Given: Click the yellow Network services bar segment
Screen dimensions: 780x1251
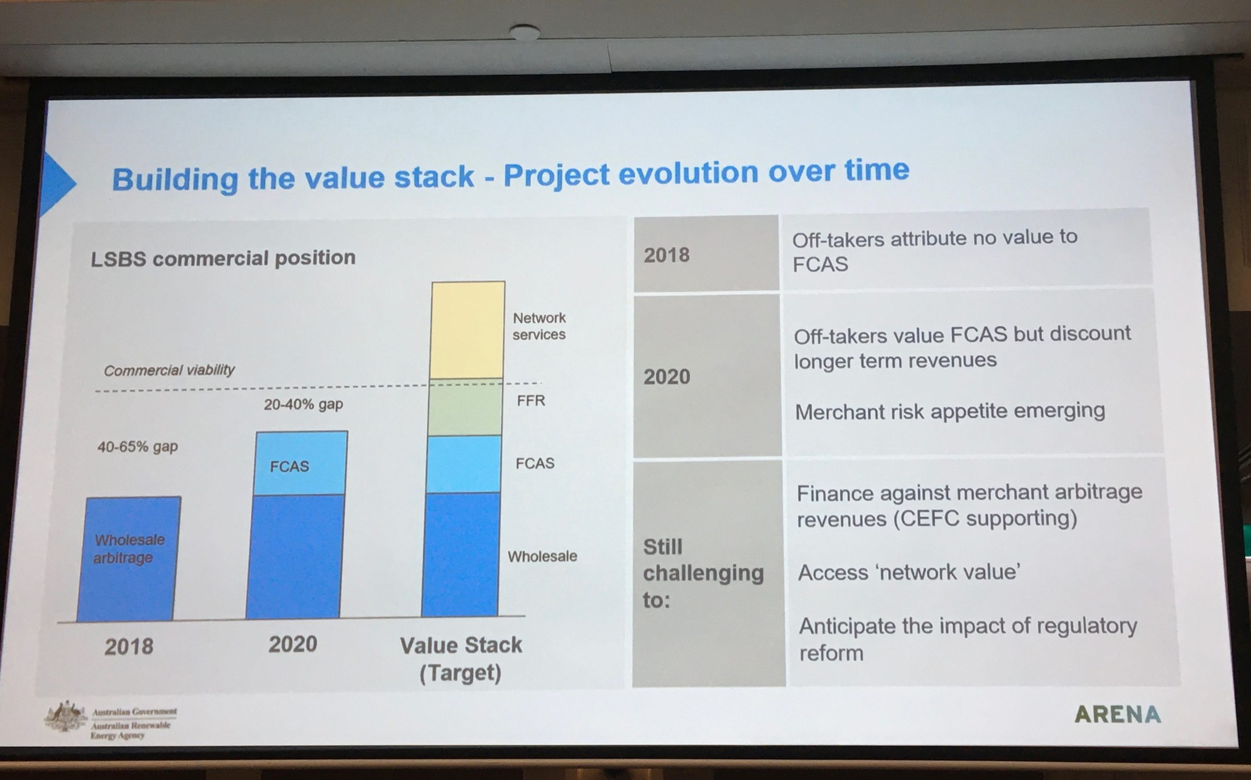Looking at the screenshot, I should [x=468, y=330].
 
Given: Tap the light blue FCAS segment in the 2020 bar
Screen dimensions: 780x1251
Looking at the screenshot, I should [x=301, y=463].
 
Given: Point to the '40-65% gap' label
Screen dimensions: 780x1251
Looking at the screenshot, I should [x=138, y=447].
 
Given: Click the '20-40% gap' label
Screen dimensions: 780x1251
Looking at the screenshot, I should [x=303, y=405].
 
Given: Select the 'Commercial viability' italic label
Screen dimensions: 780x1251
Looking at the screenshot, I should [x=169, y=370].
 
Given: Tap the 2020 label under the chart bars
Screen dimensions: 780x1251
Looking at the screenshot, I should [x=292, y=645].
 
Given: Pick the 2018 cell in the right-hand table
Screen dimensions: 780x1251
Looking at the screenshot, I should [x=706, y=255].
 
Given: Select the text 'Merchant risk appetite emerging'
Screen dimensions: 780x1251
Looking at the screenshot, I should [x=950, y=412].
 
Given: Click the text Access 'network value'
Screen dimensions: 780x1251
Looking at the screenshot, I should [x=909, y=573].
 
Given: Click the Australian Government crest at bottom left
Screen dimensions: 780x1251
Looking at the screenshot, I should [x=66, y=716].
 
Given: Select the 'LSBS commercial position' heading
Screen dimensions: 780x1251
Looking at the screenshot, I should [x=223, y=258].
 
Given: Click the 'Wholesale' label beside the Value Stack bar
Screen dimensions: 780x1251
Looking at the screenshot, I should [x=542, y=556].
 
